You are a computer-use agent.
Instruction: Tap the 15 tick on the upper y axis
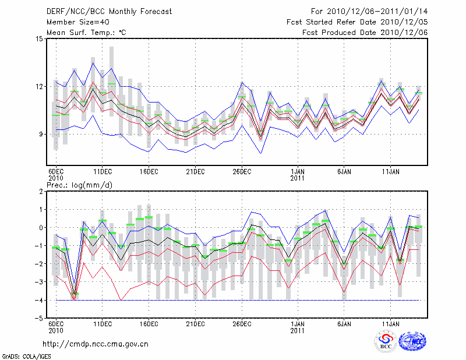pos(40,39)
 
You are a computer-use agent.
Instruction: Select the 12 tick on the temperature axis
pos(40,87)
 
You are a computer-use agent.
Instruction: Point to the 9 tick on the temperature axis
pos(41,135)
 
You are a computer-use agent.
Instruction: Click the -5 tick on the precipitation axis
pos(40,319)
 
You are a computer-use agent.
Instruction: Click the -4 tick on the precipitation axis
pos(40,301)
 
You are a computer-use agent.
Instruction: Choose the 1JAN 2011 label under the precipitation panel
pos(298,327)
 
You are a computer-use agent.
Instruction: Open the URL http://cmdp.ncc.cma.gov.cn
pos(97,344)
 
